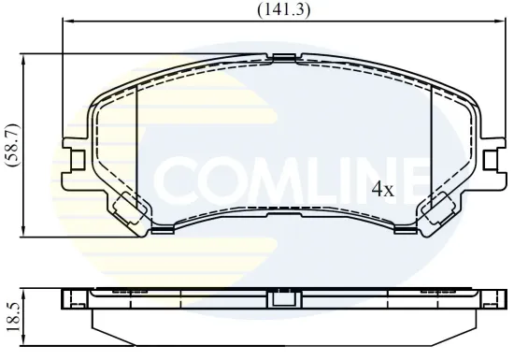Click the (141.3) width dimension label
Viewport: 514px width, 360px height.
[x=283, y=10]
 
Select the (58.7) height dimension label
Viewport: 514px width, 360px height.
[x=11, y=145]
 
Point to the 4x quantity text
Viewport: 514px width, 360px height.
[x=383, y=189]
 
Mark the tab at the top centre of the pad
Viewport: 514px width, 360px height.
[x=283, y=59]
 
